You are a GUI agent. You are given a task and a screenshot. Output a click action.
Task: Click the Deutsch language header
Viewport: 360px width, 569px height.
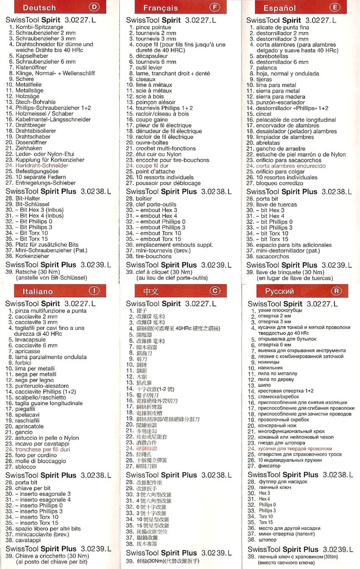pos(39,8)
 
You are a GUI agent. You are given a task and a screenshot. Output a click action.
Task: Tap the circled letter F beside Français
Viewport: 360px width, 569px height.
pos(216,8)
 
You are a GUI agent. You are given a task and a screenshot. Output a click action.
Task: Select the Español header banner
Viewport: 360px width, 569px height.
pos(280,8)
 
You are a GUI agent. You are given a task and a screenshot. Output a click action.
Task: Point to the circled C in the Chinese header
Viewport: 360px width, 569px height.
pos(215,291)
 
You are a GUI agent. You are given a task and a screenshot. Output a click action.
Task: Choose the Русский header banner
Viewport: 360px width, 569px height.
pos(280,291)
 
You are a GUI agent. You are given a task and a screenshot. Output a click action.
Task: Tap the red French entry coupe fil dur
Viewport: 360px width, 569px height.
pos(152,166)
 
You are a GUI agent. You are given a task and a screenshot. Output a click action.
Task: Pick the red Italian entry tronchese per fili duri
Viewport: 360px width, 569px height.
pos(43,449)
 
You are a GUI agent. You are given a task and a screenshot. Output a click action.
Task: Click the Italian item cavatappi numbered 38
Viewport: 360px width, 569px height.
pos(29,540)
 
